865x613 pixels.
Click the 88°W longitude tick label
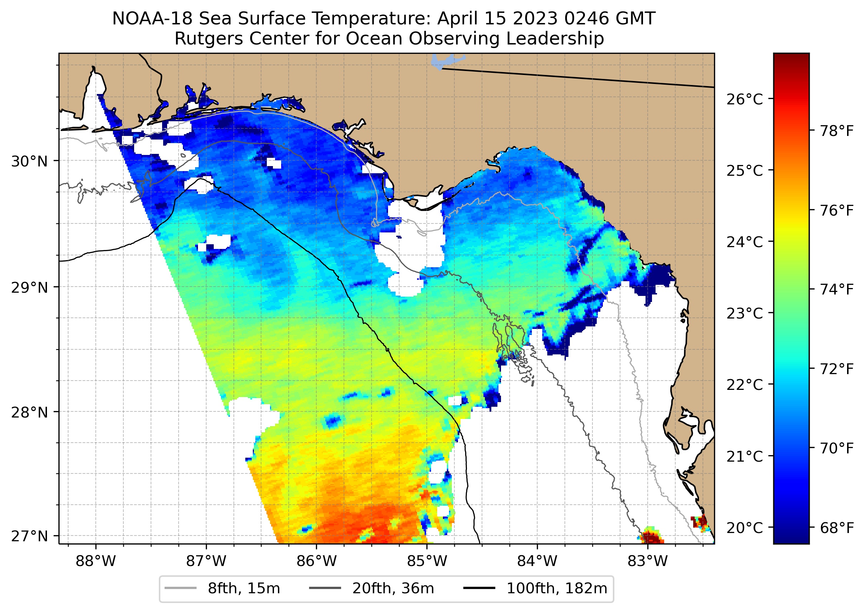95,561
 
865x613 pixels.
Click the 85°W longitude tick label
427,561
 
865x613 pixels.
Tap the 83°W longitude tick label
648,561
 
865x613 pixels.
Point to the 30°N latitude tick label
29,161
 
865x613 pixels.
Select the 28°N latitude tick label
29,412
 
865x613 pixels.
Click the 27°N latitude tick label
29,536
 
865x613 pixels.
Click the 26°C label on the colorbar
745,99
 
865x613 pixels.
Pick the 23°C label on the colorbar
745,313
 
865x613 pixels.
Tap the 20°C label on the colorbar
745,527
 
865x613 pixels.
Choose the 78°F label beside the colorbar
837,131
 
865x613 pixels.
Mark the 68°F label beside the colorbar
837,528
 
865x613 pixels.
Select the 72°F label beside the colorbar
837,369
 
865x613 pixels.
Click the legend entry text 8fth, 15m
244,589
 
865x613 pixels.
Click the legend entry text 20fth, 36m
393,589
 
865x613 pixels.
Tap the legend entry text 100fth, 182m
557,589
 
